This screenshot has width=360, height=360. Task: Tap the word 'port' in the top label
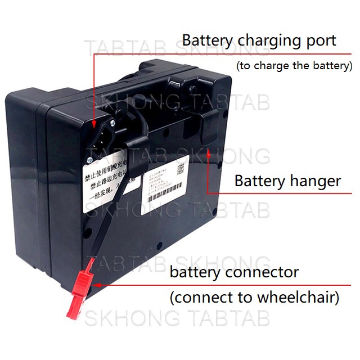tap(319, 42)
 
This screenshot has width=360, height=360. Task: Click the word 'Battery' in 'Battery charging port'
tap(207, 40)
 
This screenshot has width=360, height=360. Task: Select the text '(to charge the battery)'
tap(294, 65)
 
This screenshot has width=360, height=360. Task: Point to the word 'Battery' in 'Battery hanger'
tap(258, 181)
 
